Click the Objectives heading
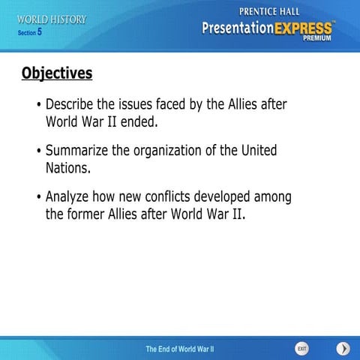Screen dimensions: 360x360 (57, 73)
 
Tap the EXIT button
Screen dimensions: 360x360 (301, 348)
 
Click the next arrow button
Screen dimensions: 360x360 (343, 348)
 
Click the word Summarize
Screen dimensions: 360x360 (77, 151)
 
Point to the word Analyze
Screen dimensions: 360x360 (67, 196)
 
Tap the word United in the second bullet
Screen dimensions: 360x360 (259, 151)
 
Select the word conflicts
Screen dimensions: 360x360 (163, 196)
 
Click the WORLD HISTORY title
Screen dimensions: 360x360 (52, 19)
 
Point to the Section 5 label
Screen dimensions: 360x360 (29, 33)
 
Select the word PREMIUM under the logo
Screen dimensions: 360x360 (316, 40)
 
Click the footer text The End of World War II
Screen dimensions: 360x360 (179, 349)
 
